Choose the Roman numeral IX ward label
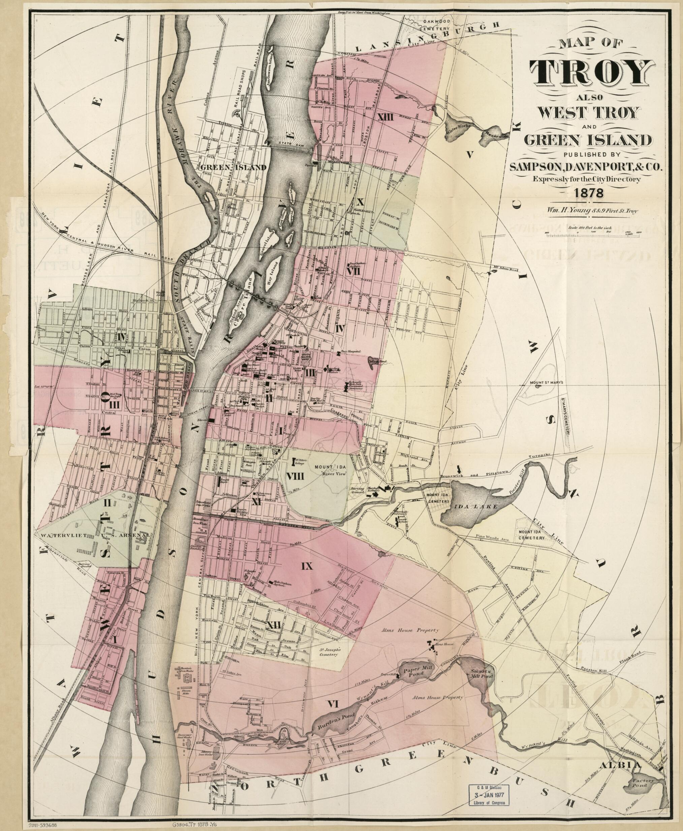(307, 566)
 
